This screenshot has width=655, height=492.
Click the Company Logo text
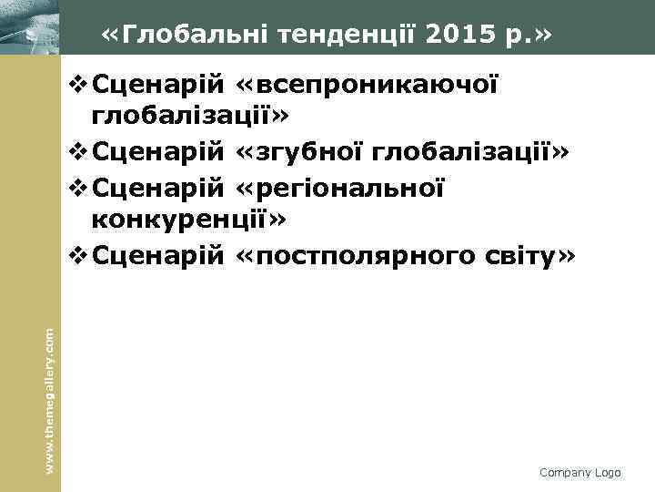click(579, 472)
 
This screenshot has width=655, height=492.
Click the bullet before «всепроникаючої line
click(77, 87)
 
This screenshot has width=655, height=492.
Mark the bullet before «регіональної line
click(77, 191)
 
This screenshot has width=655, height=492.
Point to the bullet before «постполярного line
click(77, 258)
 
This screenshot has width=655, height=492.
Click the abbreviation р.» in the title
click(524, 36)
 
